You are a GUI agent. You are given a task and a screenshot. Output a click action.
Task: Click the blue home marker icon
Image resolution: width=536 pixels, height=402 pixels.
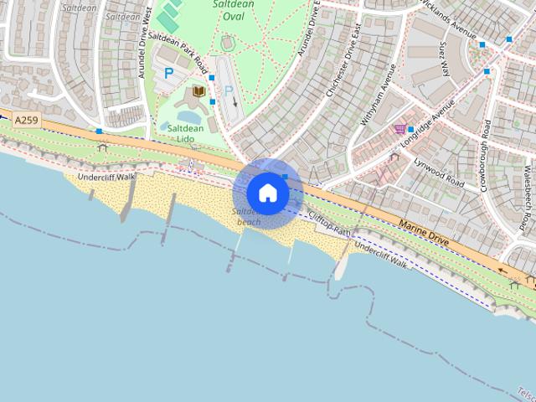point(267,193)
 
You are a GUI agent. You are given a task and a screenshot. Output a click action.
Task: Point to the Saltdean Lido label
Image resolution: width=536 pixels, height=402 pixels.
point(185,133)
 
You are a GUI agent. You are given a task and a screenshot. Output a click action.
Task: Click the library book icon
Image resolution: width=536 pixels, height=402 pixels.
point(199,90)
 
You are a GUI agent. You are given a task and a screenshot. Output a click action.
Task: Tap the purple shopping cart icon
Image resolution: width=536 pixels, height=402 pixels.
point(399,128)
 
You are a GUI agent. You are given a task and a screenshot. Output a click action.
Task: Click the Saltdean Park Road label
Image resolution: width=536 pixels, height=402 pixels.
point(178,51)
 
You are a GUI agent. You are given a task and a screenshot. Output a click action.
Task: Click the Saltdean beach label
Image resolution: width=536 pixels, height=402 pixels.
point(250,218)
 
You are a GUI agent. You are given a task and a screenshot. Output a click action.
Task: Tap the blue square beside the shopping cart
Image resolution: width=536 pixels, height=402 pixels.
point(410,128)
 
